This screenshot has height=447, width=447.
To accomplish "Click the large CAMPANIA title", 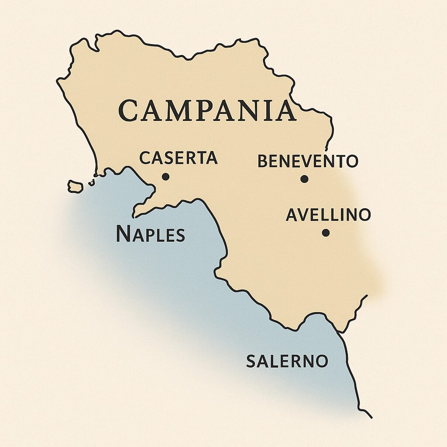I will [x=207, y=110].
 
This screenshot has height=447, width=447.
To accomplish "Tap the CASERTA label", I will [x=178, y=158].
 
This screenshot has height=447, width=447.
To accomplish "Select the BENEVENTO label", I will [x=308, y=161].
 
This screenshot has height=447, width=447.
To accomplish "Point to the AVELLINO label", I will [x=328, y=215].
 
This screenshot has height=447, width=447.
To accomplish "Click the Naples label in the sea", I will [x=150, y=235].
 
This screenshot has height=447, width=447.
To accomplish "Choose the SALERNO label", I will [x=287, y=361].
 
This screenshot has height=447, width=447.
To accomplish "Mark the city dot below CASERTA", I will [x=165, y=177].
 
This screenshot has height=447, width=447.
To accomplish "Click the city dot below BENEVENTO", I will [x=304, y=179].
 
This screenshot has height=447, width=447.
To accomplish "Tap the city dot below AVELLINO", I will [x=326, y=233].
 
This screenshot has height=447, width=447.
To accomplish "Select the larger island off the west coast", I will [x=76, y=187].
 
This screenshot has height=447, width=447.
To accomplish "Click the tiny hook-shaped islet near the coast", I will [x=92, y=182].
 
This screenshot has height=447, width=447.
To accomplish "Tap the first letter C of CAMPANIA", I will [x=129, y=111].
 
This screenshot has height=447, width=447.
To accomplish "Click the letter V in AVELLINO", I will [x=304, y=215].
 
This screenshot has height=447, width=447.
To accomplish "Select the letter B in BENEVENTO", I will [x=262, y=162].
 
